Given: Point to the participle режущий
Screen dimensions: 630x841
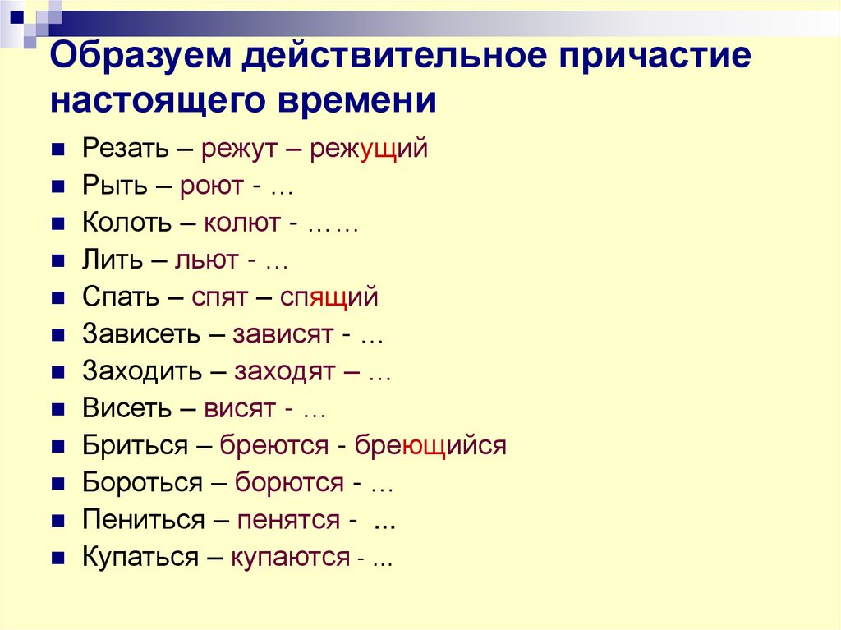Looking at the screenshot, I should [369, 149].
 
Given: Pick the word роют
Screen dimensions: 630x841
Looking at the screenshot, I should [210, 186].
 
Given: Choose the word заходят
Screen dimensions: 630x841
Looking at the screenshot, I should [284, 371].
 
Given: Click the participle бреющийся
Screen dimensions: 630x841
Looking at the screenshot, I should [430, 445].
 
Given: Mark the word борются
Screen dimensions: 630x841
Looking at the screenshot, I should [289, 482].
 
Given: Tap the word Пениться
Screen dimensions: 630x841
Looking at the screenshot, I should [143, 519].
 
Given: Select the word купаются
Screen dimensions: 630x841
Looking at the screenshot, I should [290, 557].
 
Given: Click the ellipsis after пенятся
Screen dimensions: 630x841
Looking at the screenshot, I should [385, 521].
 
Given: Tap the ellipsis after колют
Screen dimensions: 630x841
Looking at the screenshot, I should [333, 225].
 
